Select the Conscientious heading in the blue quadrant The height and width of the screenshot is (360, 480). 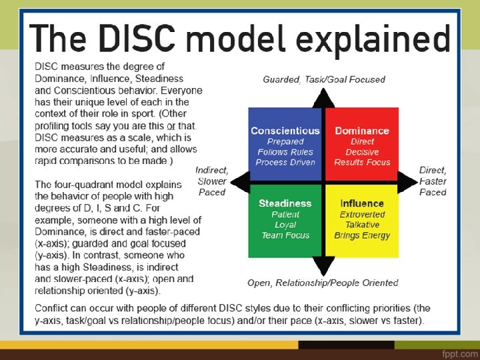[x=285, y=131]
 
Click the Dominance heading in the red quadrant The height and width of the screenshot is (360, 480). [x=362, y=131]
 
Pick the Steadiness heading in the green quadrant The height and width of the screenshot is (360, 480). [x=285, y=203]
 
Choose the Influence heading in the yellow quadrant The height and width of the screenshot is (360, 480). [x=362, y=203]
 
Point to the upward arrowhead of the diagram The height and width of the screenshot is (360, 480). [x=324, y=98]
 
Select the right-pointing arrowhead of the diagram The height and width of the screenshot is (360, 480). [x=407, y=181]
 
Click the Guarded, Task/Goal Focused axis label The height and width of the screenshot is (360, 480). [x=324, y=79]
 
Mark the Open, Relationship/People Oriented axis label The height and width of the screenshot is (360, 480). [x=323, y=283]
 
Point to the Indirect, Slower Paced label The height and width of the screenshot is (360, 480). [x=212, y=181]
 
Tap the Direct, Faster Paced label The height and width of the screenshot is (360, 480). [x=433, y=181]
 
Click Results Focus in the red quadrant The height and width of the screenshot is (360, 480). [x=362, y=162]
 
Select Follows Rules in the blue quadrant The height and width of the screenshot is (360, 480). [x=285, y=152]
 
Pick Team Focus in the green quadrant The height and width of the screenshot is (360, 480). [x=285, y=235]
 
